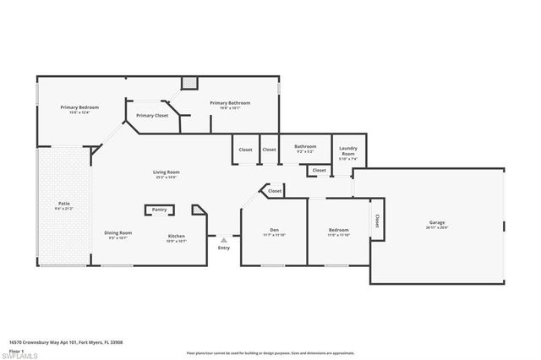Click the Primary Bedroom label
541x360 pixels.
pos(79,107)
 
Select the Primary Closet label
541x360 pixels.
pos(152,115)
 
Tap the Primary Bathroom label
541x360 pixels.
pos(230,103)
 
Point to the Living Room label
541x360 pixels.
pos(167,172)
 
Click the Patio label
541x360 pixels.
pos(63,204)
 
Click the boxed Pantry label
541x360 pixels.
pos(159,210)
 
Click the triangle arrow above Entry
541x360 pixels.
pos(223,240)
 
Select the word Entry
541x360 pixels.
pos(223,248)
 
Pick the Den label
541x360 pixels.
pos(274,230)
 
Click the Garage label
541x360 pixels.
pos(436,223)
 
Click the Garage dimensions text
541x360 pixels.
pos(436,228)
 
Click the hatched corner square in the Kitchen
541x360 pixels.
pos(198,209)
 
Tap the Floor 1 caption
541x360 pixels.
pos(16,350)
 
